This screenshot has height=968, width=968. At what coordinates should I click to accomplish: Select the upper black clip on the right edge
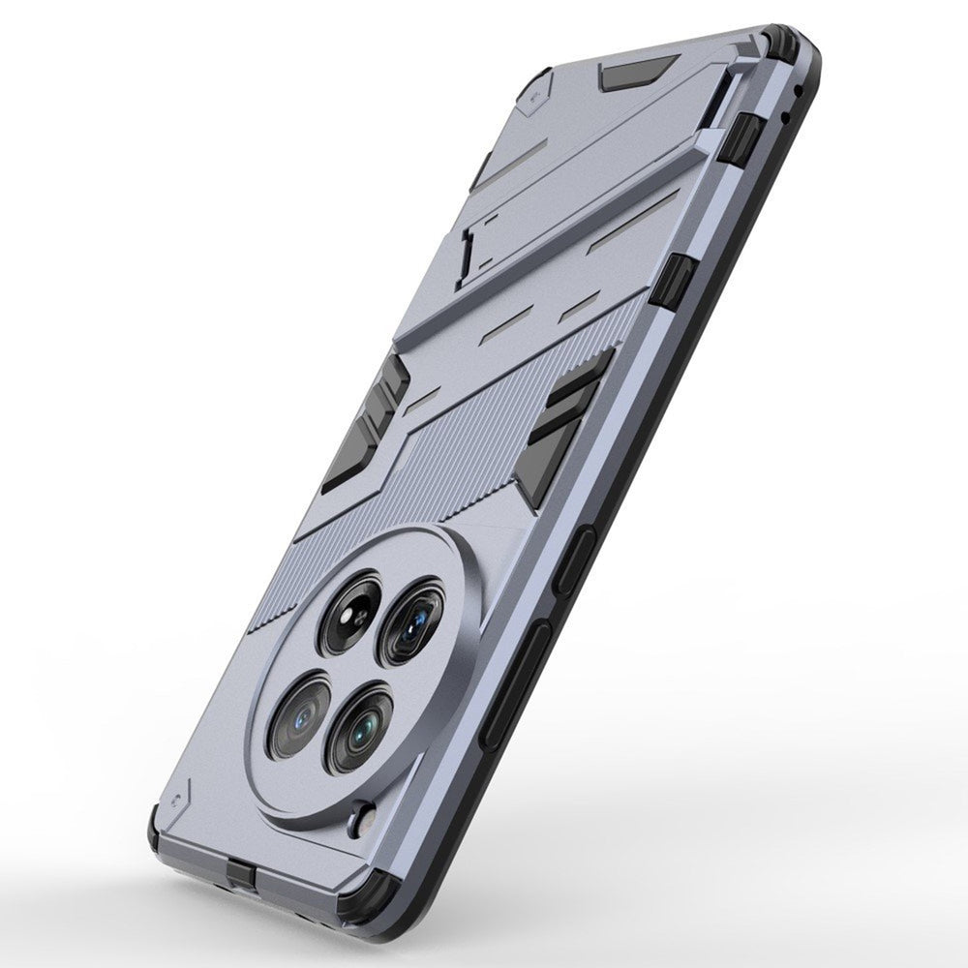coord(740,136)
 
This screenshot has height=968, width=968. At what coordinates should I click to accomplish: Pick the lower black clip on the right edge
coord(677,280)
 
